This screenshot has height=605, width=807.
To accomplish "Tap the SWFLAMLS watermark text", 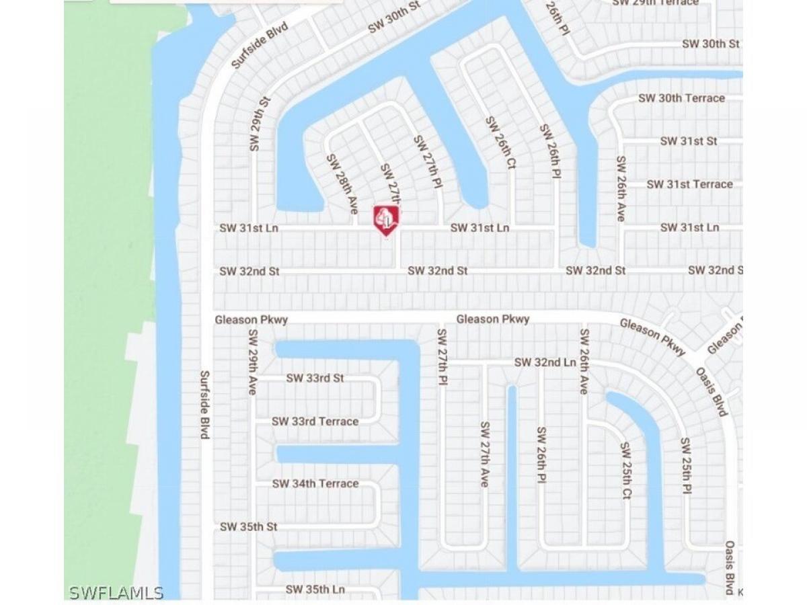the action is tap(116, 592).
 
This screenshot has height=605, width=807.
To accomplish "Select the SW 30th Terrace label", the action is tap(681, 98).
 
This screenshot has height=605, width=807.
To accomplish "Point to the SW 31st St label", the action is tap(688, 141).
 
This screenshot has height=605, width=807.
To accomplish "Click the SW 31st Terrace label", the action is tap(689, 184).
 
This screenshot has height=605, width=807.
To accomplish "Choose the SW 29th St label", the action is tap(259, 124).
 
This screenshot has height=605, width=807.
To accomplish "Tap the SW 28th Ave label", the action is tap(342, 184).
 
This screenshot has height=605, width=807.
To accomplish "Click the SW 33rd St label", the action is tap(315, 378).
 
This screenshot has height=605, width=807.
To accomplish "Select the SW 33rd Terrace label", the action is tap(315, 421).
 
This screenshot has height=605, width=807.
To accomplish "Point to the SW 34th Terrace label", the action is tap(315, 484).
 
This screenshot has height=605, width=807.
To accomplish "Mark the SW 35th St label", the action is tap(248, 527).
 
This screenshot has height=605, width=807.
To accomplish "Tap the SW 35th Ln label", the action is tap(315, 590).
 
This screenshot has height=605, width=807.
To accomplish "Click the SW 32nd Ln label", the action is tap(545, 362).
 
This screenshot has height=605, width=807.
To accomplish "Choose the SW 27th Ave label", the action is tap(484, 454).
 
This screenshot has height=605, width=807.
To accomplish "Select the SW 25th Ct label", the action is tap(625, 471).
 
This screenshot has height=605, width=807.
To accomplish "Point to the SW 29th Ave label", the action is tap(253, 362).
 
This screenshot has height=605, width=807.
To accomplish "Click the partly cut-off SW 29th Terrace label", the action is tap(655, 3).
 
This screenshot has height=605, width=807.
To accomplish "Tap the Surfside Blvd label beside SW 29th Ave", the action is tap(204, 405).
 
